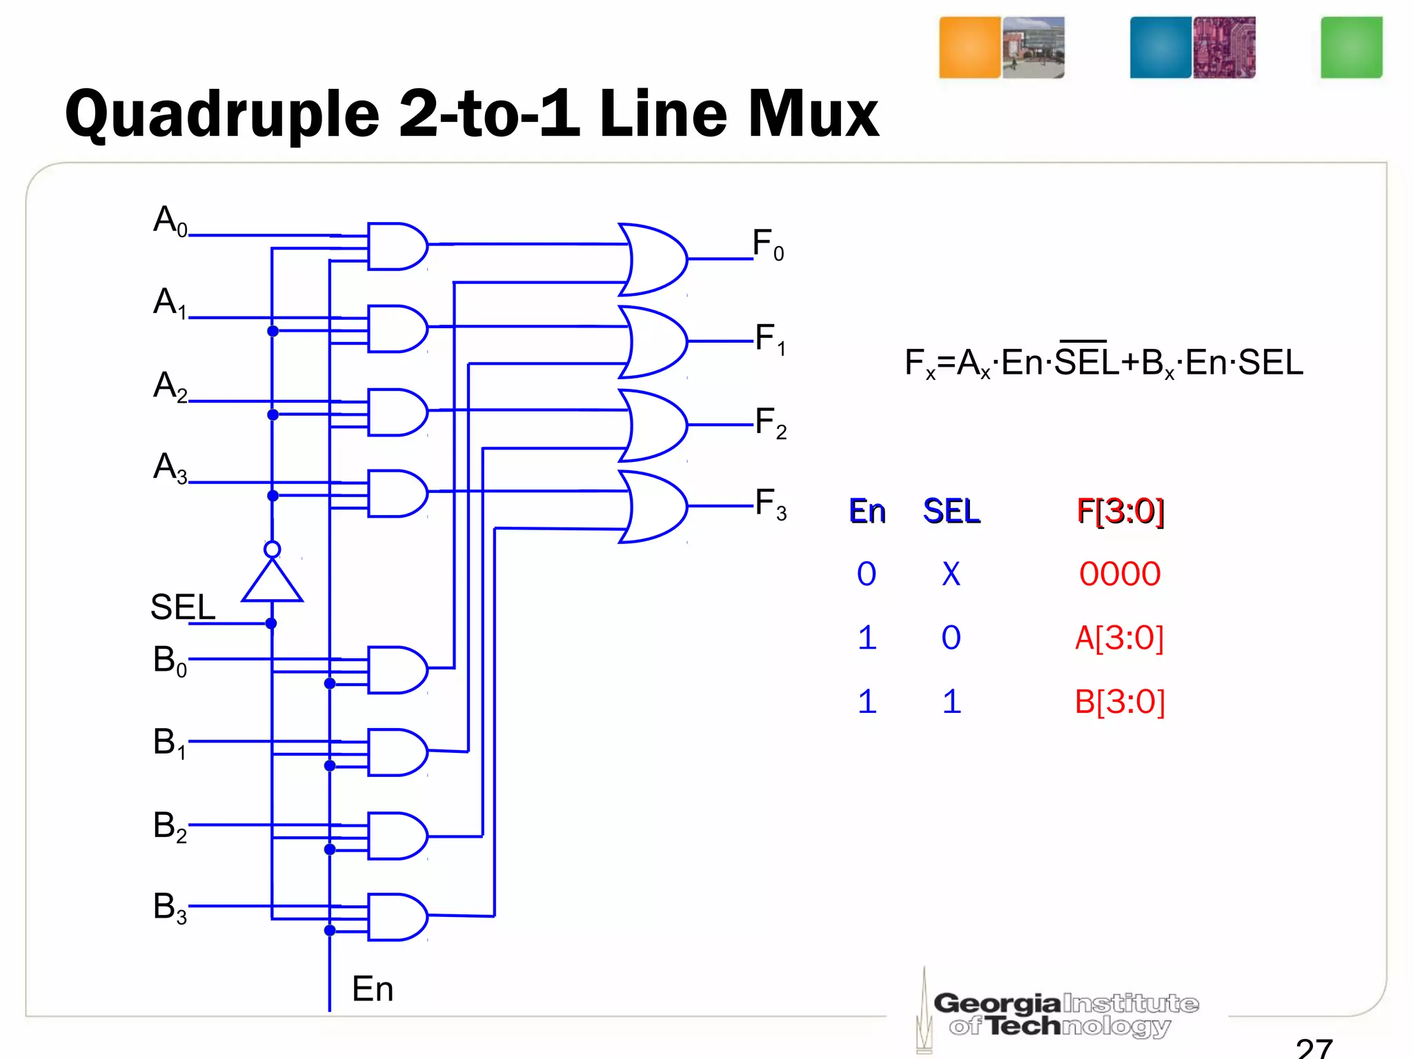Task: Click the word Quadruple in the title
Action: point(222,115)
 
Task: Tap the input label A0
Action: point(170,221)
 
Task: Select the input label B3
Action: point(170,907)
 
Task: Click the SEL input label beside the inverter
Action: point(182,607)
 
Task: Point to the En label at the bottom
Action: point(373,989)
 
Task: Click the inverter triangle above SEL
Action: point(272,583)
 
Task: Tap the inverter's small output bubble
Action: point(272,549)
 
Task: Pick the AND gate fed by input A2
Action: point(397,412)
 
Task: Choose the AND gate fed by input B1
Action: point(397,752)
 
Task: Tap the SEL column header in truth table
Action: point(951,512)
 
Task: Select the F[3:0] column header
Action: point(1120,512)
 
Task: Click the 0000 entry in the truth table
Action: point(1120,574)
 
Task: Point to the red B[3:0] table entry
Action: point(1120,702)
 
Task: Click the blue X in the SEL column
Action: point(951,574)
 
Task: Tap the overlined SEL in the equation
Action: point(1086,361)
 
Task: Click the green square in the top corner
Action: point(1351,48)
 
